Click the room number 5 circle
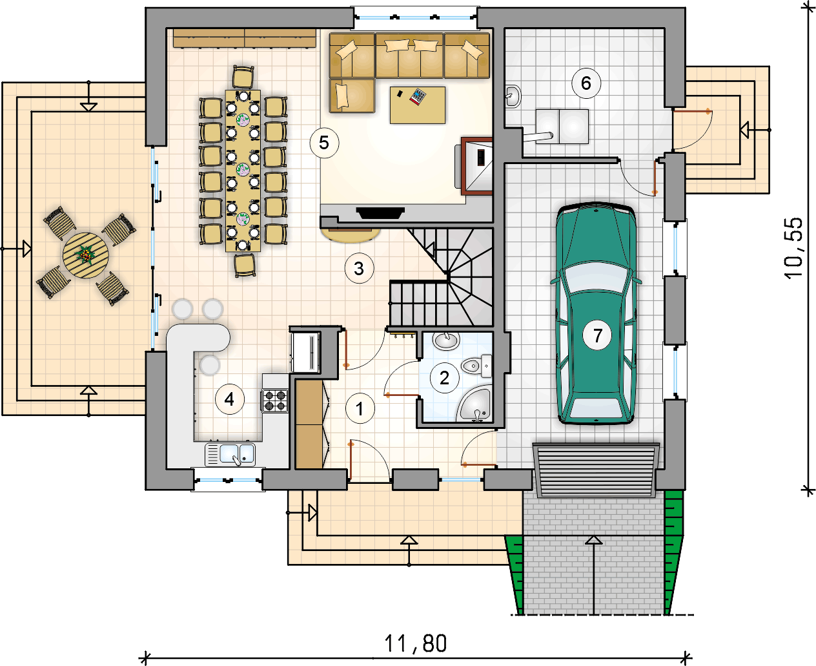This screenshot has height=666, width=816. pyautogui.click(x=324, y=143)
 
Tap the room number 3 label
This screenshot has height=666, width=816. pyautogui.click(x=359, y=269)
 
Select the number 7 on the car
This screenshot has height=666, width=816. pyautogui.click(x=597, y=335)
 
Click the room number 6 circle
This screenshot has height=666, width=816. pyautogui.click(x=586, y=83)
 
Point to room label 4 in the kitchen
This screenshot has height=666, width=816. pyautogui.click(x=230, y=400)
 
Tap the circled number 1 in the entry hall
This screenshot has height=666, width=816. pyautogui.click(x=360, y=409)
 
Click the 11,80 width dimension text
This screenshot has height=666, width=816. pyautogui.click(x=415, y=643)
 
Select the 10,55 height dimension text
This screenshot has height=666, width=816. pyautogui.click(x=794, y=248)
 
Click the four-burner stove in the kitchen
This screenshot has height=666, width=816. pyautogui.click(x=276, y=401)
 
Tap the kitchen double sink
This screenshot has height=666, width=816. pyautogui.click(x=230, y=455)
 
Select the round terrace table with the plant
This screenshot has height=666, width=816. pyautogui.click(x=85, y=256)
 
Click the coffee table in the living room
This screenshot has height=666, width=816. pyautogui.click(x=418, y=105)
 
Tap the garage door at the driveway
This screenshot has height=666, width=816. pyautogui.click(x=597, y=470)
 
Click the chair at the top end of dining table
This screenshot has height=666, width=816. pyautogui.click(x=243, y=77)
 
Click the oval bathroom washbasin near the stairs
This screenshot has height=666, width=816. pyautogui.click(x=446, y=340)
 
